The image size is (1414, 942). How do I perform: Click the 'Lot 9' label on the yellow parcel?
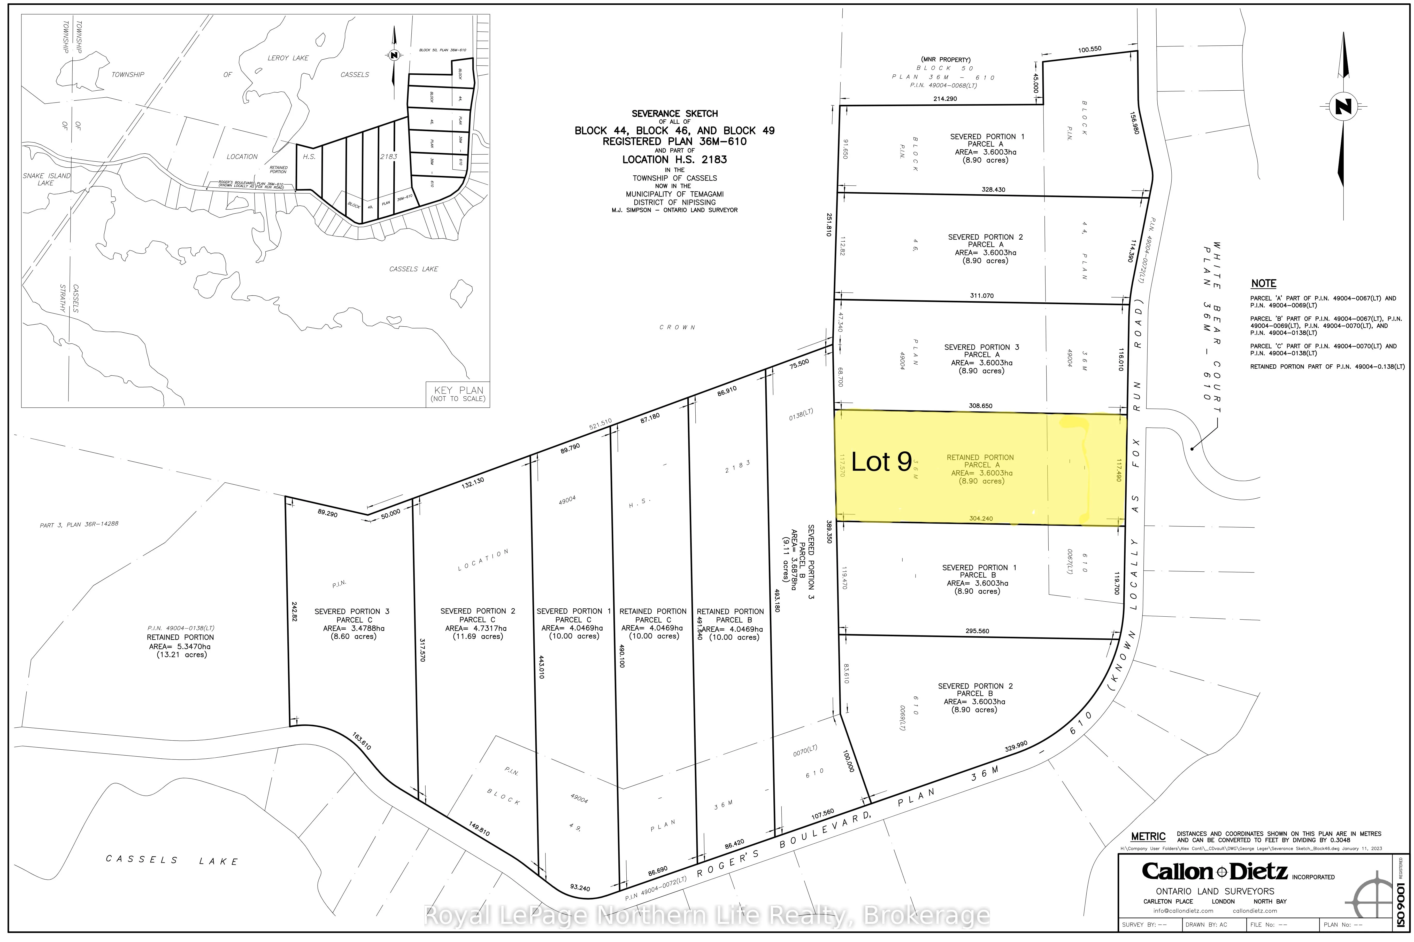881,461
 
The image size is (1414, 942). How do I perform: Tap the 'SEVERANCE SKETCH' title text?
674,114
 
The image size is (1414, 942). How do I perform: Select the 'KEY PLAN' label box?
458,394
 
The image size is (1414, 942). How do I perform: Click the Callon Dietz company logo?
1215,871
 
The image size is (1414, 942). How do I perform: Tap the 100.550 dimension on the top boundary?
1089,49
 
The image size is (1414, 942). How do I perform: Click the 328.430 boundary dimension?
993,190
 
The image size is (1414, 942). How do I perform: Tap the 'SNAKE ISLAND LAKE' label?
46,179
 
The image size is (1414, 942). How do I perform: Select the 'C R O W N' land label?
678,327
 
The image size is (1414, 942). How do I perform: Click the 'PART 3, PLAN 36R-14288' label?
79,524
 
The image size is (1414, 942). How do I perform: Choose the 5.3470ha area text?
180,646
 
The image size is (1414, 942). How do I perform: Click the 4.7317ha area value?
477,629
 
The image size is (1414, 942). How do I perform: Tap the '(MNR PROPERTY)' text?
946,59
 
